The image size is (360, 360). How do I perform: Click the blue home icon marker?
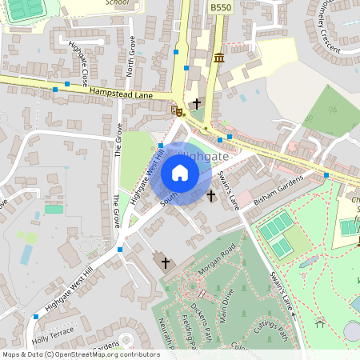pos(180,173)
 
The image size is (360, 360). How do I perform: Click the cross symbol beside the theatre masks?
pos(196,103)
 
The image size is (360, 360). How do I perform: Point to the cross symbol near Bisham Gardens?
pos(211,196)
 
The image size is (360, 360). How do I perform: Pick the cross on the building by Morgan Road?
pos(166,262)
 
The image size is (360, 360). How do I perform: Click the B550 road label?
pos(220,7)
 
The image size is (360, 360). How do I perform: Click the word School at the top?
pos(117,3)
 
